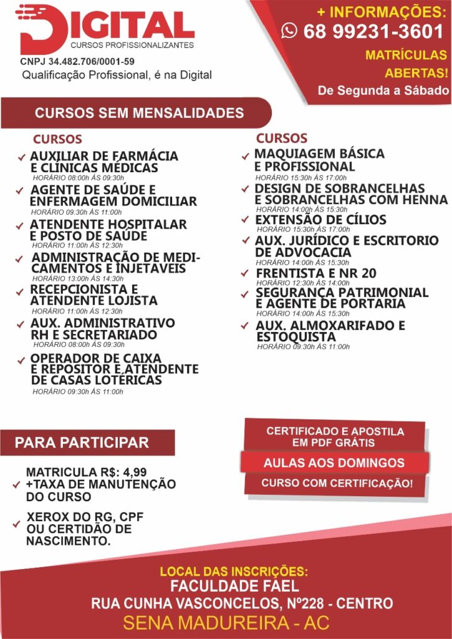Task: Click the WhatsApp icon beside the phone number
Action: click(289, 31)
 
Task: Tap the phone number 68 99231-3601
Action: click(373, 31)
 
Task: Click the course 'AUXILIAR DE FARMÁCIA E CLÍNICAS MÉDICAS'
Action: click(103, 162)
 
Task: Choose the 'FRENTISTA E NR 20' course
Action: click(316, 273)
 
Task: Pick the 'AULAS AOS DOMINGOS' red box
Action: click(334, 463)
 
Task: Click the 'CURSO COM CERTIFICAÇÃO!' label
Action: click(337, 483)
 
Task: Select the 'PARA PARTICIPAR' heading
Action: click(82, 443)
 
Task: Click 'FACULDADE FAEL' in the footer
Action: click(235, 587)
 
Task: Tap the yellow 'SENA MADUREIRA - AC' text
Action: click(226, 623)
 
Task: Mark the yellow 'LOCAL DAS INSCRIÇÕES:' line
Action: click(234, 571)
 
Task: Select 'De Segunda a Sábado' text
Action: click(383, 90)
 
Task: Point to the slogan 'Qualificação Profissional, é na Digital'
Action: click(117, 75)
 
